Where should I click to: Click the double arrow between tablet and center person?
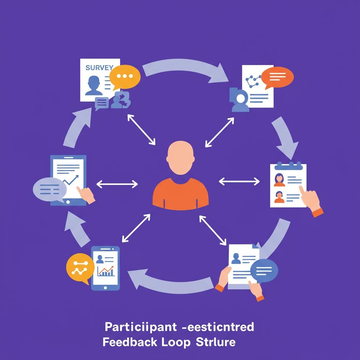(117, 184)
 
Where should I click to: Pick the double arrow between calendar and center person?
(239, 181)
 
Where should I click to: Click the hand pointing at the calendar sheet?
(311, 199)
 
